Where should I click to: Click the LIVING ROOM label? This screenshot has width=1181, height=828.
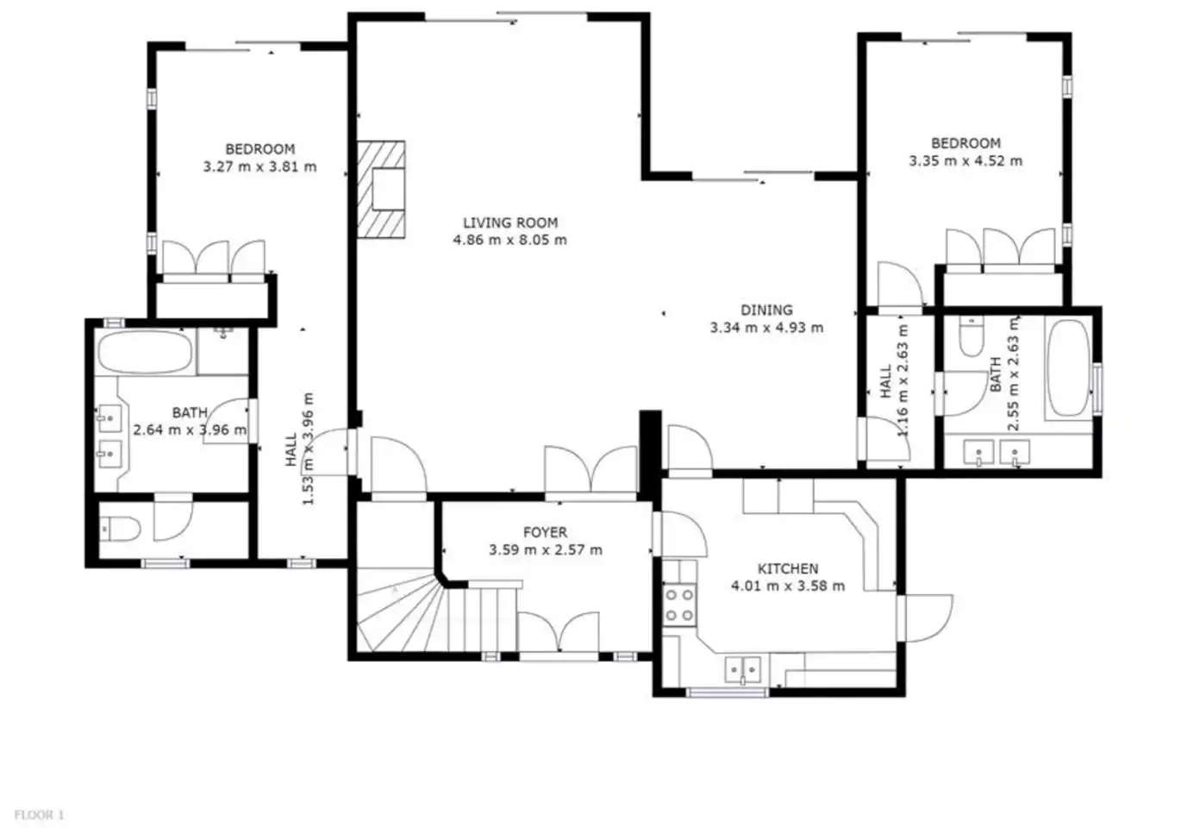pos(510,223)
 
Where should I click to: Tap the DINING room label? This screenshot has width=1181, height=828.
pos(766,310)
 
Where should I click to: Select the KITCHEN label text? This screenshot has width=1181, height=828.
pos(788,568)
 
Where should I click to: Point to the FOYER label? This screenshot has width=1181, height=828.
pos(545,532)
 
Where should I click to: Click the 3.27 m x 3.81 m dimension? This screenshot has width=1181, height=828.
pos(260,166)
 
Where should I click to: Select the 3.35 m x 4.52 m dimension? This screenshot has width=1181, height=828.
pos(965,160)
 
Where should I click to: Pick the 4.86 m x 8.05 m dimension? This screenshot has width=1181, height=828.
pos(510,240)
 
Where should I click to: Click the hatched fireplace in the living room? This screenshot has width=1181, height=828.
pos(381,190)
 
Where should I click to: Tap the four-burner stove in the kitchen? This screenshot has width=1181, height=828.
pos(679,605)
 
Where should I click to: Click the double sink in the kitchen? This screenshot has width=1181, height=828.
pos(742,670)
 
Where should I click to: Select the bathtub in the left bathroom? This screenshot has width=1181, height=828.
pos(146,352)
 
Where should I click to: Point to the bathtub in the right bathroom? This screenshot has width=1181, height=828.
pos(1069,368)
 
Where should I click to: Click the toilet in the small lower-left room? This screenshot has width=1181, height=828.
pos(120,529)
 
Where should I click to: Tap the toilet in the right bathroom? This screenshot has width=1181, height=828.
pos(972,336)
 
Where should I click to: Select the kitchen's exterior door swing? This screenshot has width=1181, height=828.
pos(925,618)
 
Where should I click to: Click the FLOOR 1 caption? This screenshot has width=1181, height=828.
pos(39,815)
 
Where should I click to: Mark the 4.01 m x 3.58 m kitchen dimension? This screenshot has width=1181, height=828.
pos(788,586)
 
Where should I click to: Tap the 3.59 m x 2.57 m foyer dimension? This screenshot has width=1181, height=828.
pos(545,550)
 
